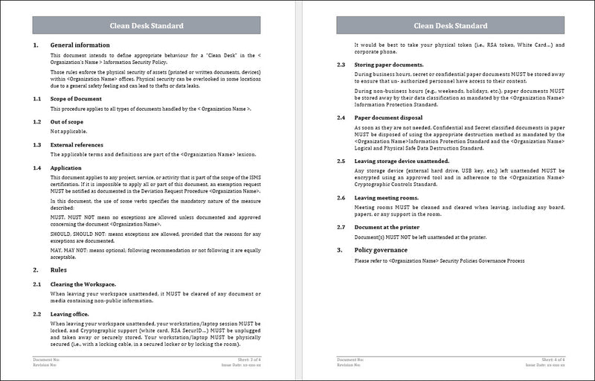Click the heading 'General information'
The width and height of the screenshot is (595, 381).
80,45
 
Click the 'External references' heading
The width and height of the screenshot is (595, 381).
77,144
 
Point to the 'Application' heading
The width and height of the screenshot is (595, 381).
66,168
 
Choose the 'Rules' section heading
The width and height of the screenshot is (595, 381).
60,270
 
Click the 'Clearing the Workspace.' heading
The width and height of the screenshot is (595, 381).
83,284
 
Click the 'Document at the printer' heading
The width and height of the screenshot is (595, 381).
387,226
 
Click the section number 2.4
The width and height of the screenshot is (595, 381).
341,117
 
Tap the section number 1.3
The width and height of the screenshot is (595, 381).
37,144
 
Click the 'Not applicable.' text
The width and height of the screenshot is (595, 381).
67,131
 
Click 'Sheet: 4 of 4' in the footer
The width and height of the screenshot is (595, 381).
551,359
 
